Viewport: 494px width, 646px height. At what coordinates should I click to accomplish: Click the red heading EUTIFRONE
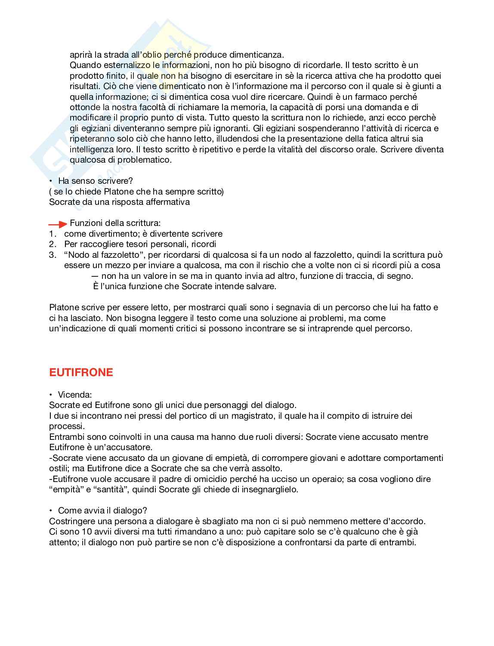pos(81,373)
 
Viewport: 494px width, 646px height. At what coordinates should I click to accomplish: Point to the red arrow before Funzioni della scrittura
pos(58,224)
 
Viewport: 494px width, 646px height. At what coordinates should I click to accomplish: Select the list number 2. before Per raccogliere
pos(52,244)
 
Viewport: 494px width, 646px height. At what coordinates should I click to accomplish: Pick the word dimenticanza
pos(254,55)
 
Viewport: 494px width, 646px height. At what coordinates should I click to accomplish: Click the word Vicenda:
pos(75,395)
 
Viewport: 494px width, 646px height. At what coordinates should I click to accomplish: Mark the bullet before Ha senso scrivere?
pos(51,181)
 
